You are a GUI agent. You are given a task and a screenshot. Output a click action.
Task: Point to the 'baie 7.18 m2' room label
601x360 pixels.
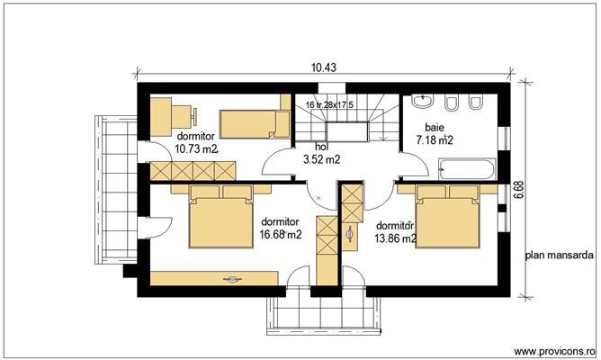click(x=434, y=135)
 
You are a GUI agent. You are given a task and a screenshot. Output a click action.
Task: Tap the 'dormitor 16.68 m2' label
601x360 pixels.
click(x=280, y=228)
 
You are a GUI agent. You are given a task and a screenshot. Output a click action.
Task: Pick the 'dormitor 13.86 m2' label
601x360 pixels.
click(x=395, y=232)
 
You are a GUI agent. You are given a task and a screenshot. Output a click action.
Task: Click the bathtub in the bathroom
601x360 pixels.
click(x=467, y=168)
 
